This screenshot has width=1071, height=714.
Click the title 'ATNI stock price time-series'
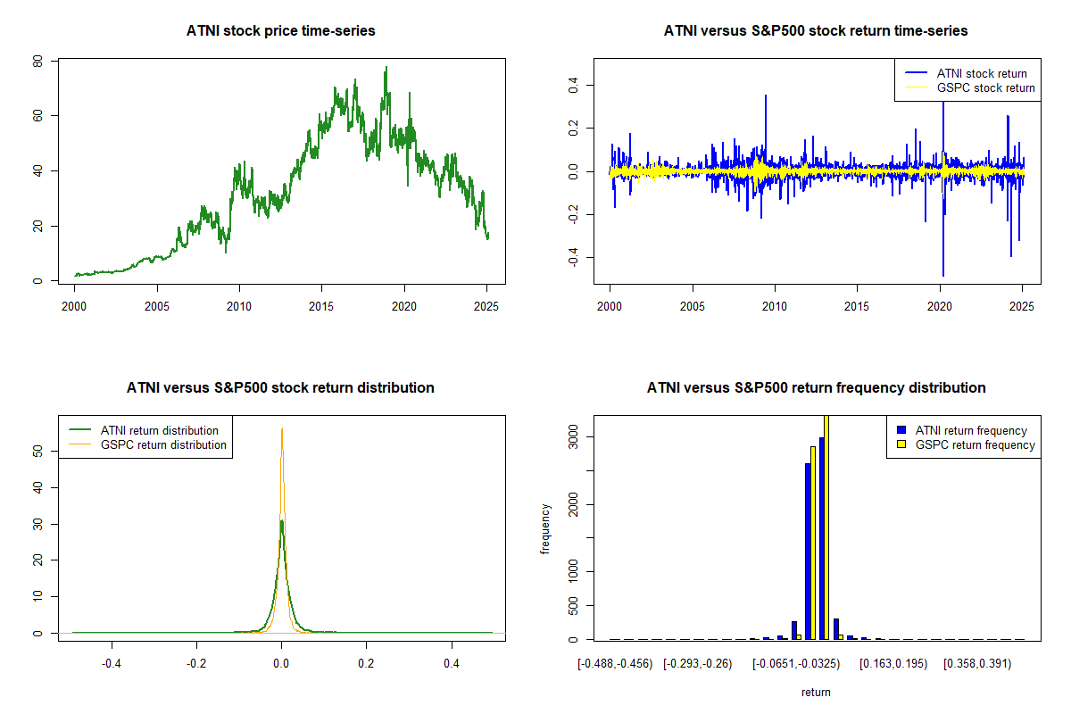[x=281, y=31]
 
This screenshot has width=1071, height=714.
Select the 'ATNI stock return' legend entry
[x=981, y=73]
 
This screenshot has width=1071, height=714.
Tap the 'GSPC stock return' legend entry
[x=985, y=87]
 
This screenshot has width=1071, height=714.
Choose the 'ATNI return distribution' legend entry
[x=159, y=430]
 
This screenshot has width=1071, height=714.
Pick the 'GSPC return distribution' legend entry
[x=163, y=444]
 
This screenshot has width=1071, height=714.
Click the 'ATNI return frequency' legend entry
[x=977, y=430]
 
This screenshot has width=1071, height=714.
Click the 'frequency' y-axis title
[x=545, y=529]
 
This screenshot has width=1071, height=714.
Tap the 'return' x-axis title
[x=816, y=692]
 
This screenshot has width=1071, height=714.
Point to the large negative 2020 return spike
[x=943, y=272]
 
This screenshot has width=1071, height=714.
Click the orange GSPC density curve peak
[x=282, y=429]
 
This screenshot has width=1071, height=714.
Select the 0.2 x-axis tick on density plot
[x=366, y=664]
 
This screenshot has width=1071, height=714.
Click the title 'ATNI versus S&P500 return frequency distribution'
[x=816, y=388]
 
